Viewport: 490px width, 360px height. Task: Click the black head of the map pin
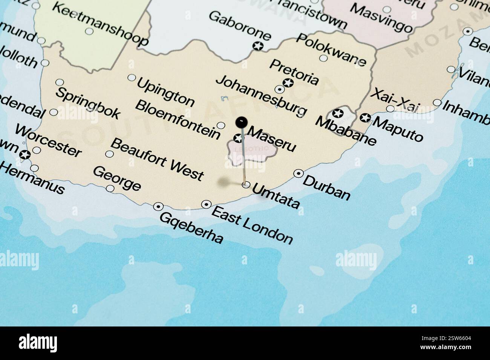tap(241, 122)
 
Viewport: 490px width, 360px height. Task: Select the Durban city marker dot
tap(299, 173)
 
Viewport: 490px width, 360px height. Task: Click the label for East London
tap(252, 225)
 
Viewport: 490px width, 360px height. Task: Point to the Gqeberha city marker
tap(158, 206)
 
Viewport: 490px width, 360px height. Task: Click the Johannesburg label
tap(261, 95)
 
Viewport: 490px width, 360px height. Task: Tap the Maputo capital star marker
tap(364, 118)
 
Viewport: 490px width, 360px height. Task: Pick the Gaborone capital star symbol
tap(258, 46)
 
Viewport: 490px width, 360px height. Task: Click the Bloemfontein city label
tap(178, 119)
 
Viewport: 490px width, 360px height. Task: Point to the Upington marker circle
tap(132, 78)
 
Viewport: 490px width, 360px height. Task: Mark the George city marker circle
tap(110, 188)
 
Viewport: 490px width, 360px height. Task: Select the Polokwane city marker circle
tap(323, 58)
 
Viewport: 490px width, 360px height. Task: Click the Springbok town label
tap(88, 102)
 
